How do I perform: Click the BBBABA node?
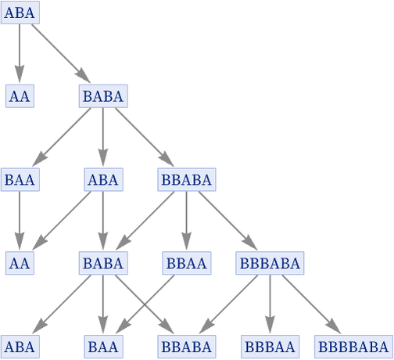click(x=270, y=263)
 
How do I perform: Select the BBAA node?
click(x=187, y=263)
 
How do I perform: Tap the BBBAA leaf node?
click(x=270, y=347)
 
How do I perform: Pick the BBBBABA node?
click(x=353, y=347)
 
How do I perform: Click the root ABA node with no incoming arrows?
click(x=20, y=13)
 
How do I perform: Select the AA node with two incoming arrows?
click(x=20, y=263)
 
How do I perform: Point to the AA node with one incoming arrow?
click(x=20, y=96)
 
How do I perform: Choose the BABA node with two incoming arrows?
click(x=103, y=263)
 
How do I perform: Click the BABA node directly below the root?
click(x=103, y=96)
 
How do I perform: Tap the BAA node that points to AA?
click(x=20, y=179)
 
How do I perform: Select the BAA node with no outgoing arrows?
click(x=103, y=347)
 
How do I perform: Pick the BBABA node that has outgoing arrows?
click(x=187, y=179)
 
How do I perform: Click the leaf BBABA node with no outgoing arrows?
click(x=187, y=347)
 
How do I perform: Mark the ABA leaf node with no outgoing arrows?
click(x=20, y=347)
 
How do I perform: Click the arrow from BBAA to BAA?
click(x=145, y=304)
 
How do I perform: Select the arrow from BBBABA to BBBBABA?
click(x=312, y=304)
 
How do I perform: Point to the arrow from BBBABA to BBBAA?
click(x=270, y=304)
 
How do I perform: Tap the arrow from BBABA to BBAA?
click(x=186, y=221)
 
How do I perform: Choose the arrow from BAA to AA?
click(x=20, y=221)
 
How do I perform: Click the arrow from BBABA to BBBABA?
click(x=228, y=221)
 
